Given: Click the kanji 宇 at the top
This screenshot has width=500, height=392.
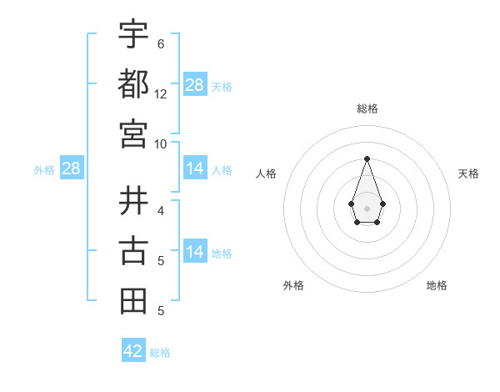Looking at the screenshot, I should pos(133,34).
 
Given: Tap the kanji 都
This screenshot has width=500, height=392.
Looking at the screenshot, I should pos(133,83).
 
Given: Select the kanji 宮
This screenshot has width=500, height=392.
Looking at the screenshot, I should pos(133,133).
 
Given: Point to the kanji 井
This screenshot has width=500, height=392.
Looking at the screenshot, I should pos(133,200).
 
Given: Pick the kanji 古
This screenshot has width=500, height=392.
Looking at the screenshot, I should pos(133,250).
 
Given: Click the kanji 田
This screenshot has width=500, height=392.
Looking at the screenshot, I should pos(133,301).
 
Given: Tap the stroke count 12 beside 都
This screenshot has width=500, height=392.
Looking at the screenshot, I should pos(161,94).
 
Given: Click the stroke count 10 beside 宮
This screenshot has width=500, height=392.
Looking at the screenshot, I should pos(161,143).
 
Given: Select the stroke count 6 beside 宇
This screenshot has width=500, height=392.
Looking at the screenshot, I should pos(161,43).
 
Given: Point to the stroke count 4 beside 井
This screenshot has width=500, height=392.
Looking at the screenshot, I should pos(161,210).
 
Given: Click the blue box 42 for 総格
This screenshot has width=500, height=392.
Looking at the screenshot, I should pos(133,351).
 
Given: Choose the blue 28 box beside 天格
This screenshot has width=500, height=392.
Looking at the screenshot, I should pos(195,85).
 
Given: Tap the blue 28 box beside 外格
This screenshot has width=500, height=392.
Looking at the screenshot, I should pos(71,169).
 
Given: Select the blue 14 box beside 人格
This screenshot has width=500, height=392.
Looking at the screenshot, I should pos(195,169).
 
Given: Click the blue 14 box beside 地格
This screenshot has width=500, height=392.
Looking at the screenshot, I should pos(195,252).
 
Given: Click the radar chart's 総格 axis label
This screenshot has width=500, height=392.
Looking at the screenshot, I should pos(367,108).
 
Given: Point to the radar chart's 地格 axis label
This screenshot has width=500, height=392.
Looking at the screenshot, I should pos(437,285).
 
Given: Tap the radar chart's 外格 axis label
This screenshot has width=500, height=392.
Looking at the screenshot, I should pos(293,285).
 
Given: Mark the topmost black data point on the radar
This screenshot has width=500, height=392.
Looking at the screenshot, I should pos(367,158).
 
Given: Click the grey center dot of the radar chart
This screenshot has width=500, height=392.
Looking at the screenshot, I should pos(367,207).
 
